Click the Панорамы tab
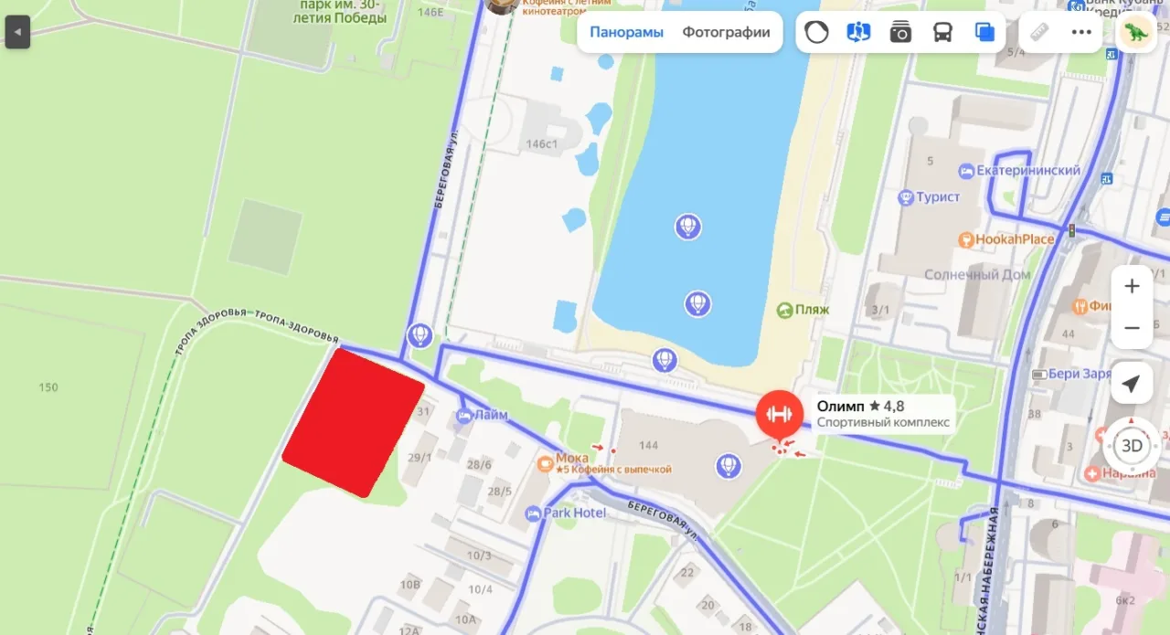tap(626, 33)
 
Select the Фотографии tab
tap(726, 33)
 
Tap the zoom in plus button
tap(1132, 286)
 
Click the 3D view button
tap(1132, 446)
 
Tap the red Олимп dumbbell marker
tap(779, 414)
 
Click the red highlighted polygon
tap(353, 423)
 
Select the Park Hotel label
tap(574, 513)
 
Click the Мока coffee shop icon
tap(546, 463)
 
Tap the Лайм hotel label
tap(490, 416)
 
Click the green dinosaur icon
tap(1136, 33)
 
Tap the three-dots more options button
tap(1081, 33)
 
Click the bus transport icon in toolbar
tap(942, 33)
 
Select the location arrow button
tap(1132, 384)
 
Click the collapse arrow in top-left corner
tap(17, 34)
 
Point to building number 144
tap(648, 446)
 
